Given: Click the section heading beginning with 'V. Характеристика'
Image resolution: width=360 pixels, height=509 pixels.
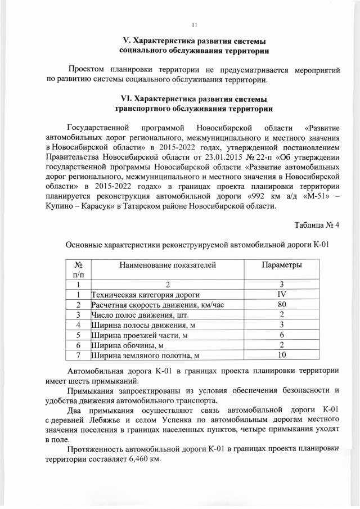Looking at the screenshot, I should click(194, 42).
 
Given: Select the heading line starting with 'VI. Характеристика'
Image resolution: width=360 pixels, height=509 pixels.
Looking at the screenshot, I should click(194, 98).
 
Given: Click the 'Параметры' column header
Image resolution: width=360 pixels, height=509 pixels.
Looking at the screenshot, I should click(281, 265).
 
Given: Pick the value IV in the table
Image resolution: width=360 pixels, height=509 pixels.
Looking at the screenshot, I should click(281, 295).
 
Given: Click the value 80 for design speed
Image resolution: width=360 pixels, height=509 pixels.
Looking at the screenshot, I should click(281, 305).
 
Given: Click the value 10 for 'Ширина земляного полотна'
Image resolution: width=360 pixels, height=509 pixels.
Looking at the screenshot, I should click(281, 355).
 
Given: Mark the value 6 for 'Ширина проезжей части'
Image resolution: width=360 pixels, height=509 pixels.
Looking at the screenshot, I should click(281, 335).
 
